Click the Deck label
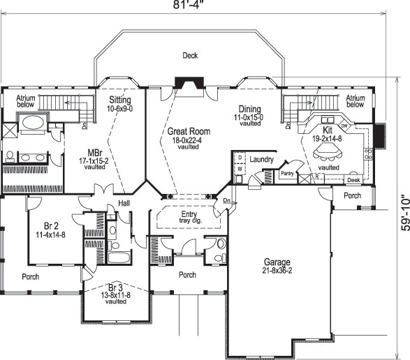pyautogui.click(x=190, y=55)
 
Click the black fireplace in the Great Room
pyautogui.click(x=189, y=85)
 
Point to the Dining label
pyautogui.click(x=249, y=110)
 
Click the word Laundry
pyautogui.click(x=261, y=160)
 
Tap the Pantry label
pyautogui.click(x=287, y=172)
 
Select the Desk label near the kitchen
pyautogui.click(x=353, y=179)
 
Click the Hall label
pyautogui.click(x=125, y=203)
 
